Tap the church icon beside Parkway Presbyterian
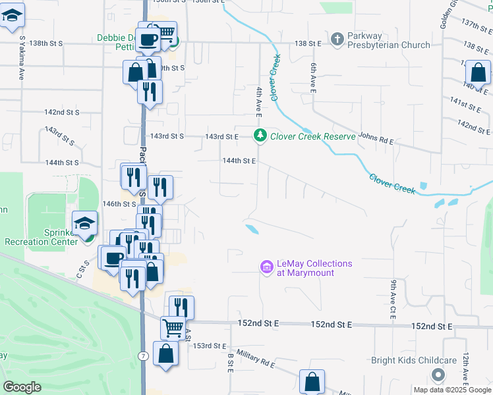[x=337, y=39]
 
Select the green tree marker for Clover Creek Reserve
[x=260, y=136]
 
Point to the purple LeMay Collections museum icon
[x=267, y=267]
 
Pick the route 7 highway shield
[x=143, y=355]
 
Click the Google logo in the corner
[x=22, y=386]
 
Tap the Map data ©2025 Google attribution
[x=451, y=390]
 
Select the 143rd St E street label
[x=221, y=136]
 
